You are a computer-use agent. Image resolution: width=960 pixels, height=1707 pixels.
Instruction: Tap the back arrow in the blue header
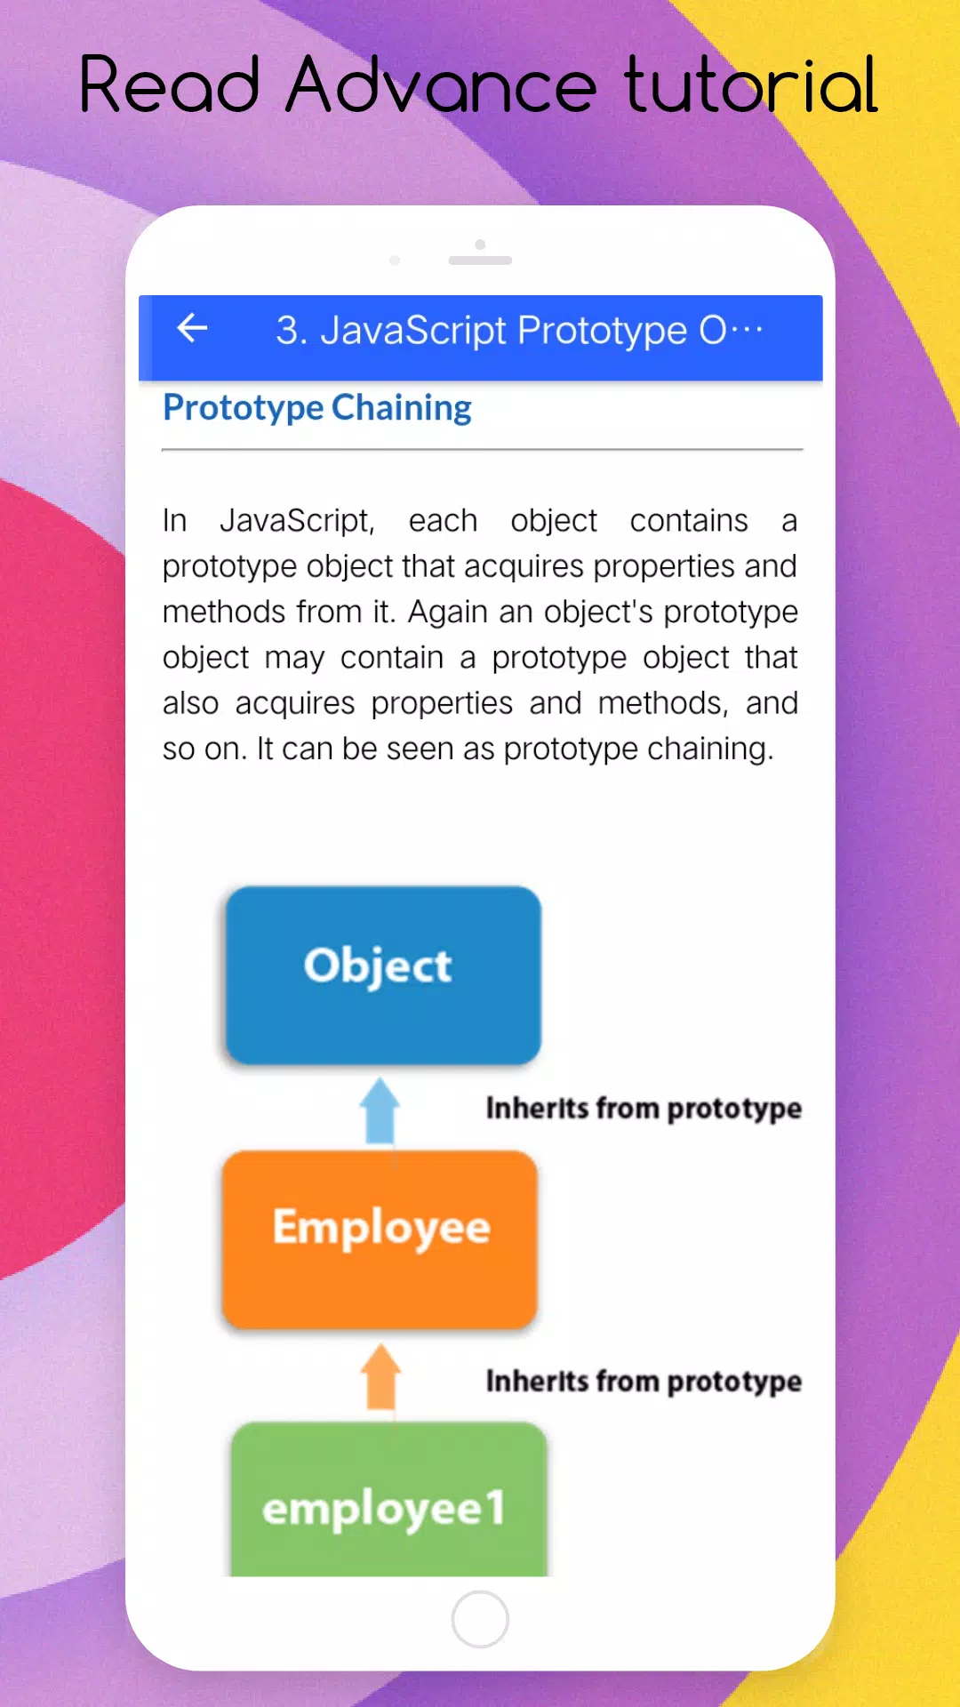pyautogui.click(x=192, y=328)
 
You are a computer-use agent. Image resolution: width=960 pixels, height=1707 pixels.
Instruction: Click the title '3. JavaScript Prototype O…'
pyautogui.click(x=519, y=331)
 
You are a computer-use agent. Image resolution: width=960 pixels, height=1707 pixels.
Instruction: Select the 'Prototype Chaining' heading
pyautogui.click(x=317, y=408)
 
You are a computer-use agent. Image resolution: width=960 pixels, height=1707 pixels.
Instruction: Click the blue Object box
pyautogui.click(x=383, y=975)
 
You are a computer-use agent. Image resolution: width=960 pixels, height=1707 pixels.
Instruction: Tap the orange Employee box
pyautogui.click(x=380, y=1239)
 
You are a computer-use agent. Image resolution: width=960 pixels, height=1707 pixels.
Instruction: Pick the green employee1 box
pyautogui.click(x=388, y=1499)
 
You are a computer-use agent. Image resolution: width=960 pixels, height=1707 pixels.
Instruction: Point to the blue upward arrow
pyautogui.click(x=380, y=1110)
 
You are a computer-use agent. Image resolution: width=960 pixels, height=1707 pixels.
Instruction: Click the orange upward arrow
pyautogui.click(x=380, y=1376)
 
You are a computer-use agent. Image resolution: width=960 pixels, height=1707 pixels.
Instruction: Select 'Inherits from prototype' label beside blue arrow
pyautogui.click(x=644, y=1109)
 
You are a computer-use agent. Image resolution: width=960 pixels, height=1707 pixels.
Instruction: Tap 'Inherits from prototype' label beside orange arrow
pyautogui.click(x=644, y=1382)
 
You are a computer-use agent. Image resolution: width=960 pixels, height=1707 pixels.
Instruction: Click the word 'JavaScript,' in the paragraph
pyautogui.click(x=297, y=521)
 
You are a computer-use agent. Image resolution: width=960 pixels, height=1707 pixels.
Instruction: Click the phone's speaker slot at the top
pyautogui.click(x=480, y=260)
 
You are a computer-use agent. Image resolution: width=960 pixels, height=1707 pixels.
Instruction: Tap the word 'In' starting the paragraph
pyautogui.click(x=174, y=520)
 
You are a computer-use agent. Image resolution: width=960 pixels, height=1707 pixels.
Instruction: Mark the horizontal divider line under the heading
pyautogui.click(x=482, y=450)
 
